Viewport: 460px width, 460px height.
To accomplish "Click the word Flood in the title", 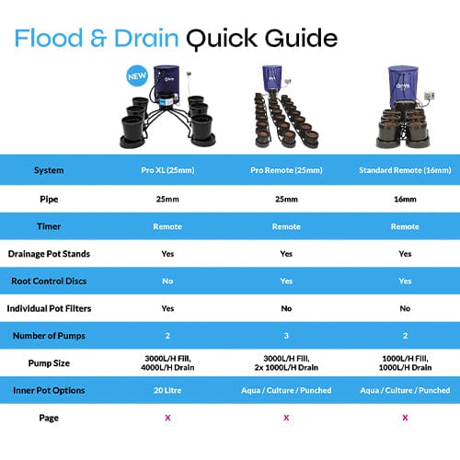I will [56, 38].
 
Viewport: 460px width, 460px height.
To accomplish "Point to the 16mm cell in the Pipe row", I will [405, 199].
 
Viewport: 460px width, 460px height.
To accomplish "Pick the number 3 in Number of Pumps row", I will [286, 337].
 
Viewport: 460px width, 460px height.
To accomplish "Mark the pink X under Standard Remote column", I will [405, 418].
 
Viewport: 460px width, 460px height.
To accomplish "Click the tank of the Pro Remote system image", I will [286, 83].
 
